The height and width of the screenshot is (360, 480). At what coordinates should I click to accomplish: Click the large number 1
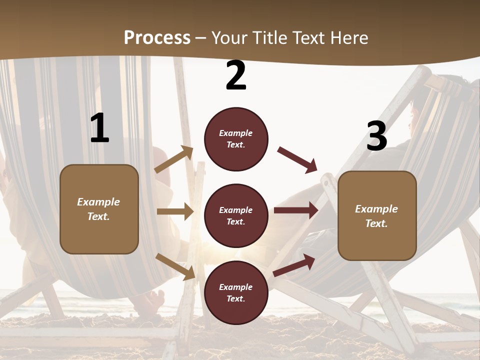(x=99, y=129)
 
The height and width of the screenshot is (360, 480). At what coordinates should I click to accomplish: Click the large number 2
(x=236, y=76)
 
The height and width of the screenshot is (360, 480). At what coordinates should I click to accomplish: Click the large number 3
(x=376, y=136)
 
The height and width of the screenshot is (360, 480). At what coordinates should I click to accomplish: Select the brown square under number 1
(x=99, y=209)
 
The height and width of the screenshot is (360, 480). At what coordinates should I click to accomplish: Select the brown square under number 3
(x=377, y=215)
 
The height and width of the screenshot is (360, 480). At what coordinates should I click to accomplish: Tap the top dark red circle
(x=236, y=139)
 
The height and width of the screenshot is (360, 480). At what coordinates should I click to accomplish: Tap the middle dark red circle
(x=236, y=215)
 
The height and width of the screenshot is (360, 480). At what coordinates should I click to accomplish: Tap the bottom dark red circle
(x=236, y=292)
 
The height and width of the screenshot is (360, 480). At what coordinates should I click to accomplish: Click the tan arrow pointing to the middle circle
(x=175, y=211)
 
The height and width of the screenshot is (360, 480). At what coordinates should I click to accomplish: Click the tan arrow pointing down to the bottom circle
(x=175, y=266)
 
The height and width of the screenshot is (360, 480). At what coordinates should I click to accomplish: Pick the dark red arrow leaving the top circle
(x=297, y=159)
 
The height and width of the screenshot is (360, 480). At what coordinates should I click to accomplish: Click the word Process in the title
(x=157, y=37)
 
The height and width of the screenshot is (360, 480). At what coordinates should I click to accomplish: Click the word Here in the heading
(x=348, y=37)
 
